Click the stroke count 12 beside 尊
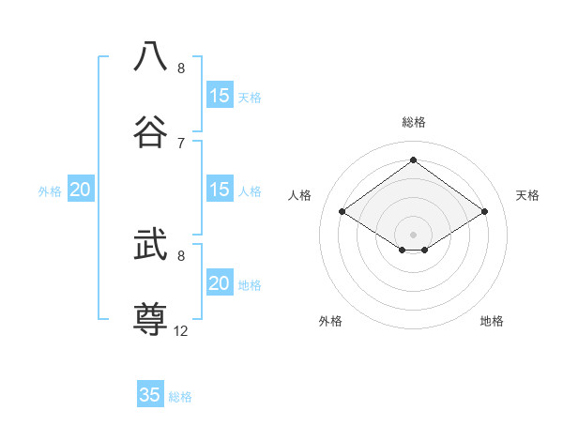[181, 330]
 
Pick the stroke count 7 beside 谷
[181, 143]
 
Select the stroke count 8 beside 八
[181, 68]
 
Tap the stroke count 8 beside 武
[181, 255]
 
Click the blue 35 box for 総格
[150, 395]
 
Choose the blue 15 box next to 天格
[220, 96]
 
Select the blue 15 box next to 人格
[220, 190]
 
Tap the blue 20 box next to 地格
[220, 283]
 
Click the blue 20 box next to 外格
[81, 190]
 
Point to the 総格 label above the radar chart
[414, 122]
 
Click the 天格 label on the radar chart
[527, 195]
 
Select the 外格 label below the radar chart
[330, 321]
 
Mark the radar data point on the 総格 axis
[413, 160]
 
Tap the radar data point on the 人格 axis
[342, 212]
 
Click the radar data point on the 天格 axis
[484, 212]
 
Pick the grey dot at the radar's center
[413, 234]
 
